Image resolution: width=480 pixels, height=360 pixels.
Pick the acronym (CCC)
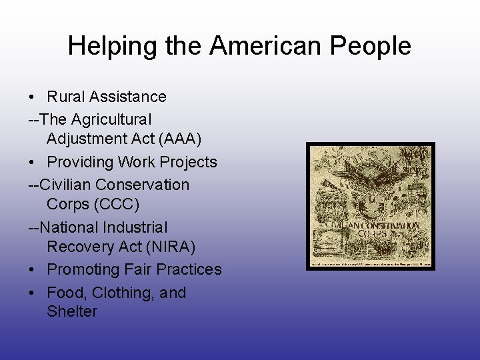tap(119, 203)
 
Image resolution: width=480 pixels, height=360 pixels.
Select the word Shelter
tap(72, 311)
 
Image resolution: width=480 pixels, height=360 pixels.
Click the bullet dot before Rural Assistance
tap(32, 97)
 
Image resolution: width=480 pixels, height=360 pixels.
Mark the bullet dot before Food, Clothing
tap(32, 293)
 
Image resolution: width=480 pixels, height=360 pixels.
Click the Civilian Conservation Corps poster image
tap(371, 206)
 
